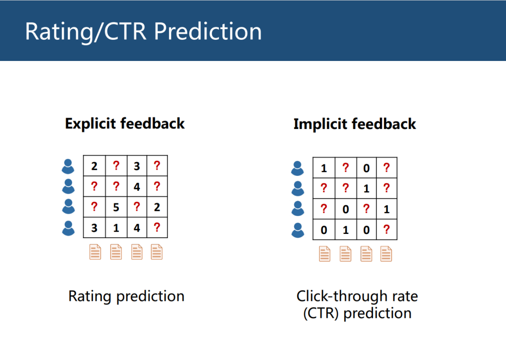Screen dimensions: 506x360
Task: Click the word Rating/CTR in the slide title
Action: [86, 32]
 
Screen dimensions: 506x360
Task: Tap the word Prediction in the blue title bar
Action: [208, 32]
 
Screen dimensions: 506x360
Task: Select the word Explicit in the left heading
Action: [90, 124]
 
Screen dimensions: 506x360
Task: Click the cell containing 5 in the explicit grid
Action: [116, 207]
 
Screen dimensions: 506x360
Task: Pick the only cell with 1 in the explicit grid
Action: [116, 228]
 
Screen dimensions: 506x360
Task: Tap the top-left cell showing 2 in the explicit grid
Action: [94, 166]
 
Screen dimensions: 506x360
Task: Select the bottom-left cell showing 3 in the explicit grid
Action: [94, 228]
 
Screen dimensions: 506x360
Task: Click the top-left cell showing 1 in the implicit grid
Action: [324, 168]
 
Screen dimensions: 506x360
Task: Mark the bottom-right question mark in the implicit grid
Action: [386, 230]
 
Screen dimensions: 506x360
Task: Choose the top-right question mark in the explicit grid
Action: [157, 165]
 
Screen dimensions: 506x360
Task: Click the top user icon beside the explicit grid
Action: [68, 166]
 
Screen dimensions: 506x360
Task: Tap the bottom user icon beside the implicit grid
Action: [298, 230]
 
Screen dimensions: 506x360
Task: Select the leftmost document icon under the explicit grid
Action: [95, 252]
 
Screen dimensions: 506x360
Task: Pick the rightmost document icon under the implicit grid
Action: [386, 254]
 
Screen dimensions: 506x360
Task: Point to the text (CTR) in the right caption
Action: [321, 313]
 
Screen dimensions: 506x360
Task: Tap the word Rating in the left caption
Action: [90, 296]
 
